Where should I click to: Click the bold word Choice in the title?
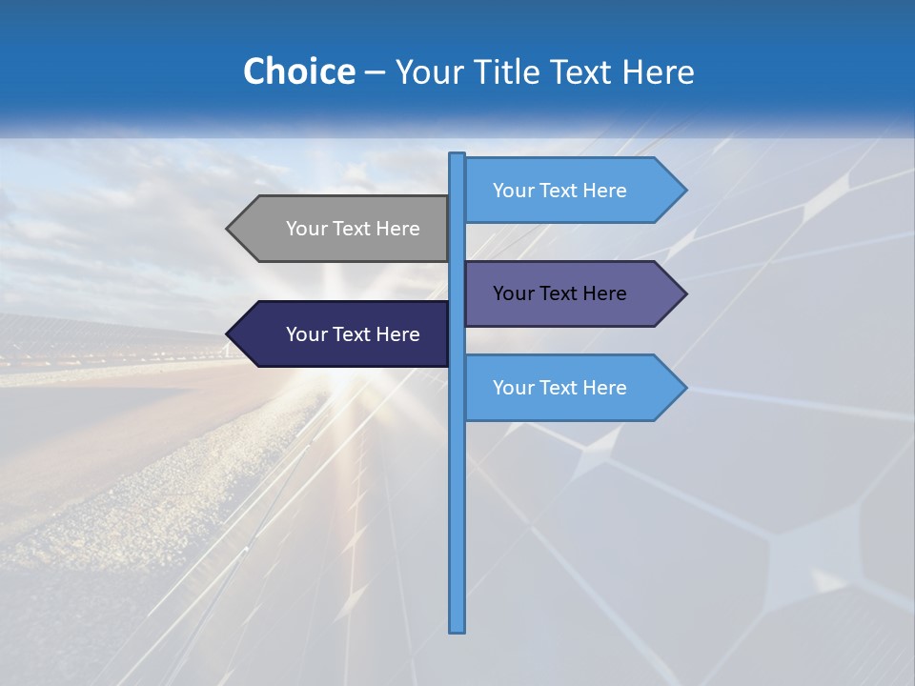298,71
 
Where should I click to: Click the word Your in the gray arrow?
306,229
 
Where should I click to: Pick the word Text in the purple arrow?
559,293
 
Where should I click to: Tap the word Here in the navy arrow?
398,334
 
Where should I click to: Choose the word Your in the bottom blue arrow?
513,388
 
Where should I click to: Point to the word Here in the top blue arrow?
605,191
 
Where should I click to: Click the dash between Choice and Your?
375,71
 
